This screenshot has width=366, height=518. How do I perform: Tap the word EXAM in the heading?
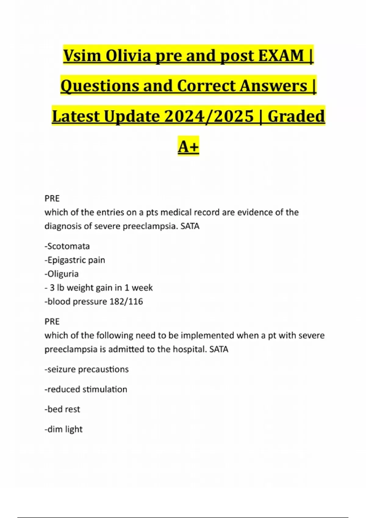[x=281, y=56]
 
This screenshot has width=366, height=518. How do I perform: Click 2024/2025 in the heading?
[x=209, y=116]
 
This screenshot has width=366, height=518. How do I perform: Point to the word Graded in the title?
[x=296, y=116]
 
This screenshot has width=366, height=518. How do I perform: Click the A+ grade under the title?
[x=188, y=147]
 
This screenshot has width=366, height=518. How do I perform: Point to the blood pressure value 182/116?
[x=126, y=301]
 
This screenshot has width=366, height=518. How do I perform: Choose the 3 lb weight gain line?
[x=99, y=288]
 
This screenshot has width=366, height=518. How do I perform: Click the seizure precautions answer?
[x=87, y=369]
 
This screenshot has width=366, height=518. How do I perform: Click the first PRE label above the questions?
[x=52, y=198]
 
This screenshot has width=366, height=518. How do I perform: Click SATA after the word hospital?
[x=219, y=349]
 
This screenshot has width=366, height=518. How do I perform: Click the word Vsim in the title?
[x=82, y=56]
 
